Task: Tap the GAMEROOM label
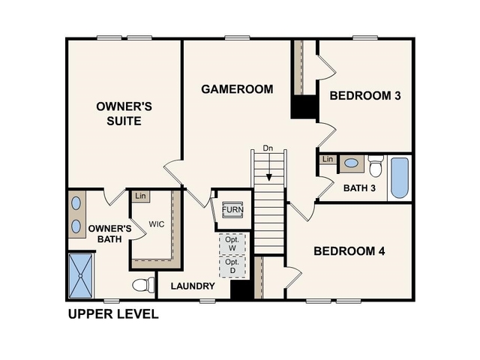[x=236, y=89]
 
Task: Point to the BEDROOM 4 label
[x=349, y=251]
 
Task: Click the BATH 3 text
[x=359, y=187]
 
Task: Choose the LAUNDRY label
[x=193, y=286]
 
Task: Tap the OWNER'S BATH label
[x=109, y=234]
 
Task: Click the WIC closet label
[x=157, y=224]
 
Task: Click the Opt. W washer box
[x=232, y=244]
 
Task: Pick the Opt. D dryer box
[x=232, y=266]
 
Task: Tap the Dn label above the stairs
[x=268, y=148]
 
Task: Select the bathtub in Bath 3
[x=400, y=178]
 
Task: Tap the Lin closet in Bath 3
[x=328, y=160]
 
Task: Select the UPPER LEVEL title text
[x=113, y=314]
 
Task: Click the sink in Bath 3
[x=351, y=163]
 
